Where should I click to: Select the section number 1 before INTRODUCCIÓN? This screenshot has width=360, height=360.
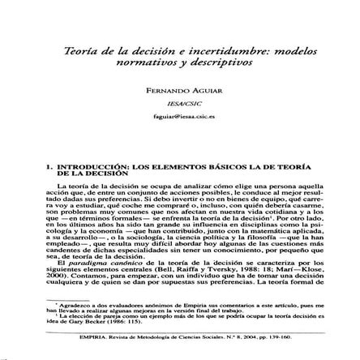point(50,166)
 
